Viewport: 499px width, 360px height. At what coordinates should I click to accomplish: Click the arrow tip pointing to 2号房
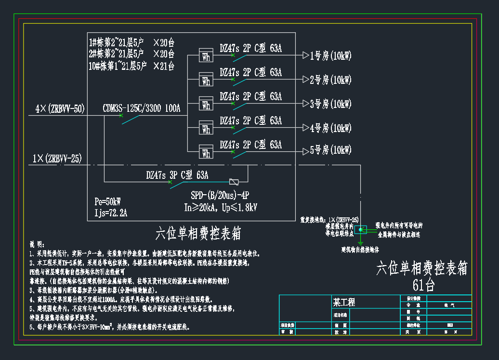coord(305,79)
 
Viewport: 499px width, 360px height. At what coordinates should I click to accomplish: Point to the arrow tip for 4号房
coord(305,127)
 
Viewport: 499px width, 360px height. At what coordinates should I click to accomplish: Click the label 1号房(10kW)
coord(330,56)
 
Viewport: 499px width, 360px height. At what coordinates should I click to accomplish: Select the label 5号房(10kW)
coord(330,151)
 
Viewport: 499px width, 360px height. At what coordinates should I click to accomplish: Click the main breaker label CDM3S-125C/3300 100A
coord(141,108)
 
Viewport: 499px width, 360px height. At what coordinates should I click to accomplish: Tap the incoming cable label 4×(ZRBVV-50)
coord(60,109)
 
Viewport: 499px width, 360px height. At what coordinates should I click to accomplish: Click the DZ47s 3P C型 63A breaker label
coord(177,175)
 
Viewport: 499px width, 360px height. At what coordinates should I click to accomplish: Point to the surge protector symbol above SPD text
coord(234,182)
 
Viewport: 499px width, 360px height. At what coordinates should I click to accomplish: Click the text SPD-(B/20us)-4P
coord(220,195)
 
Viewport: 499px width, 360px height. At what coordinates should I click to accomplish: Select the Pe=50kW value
coord(108,201)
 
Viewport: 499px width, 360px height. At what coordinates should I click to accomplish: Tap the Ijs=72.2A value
coord(111,212)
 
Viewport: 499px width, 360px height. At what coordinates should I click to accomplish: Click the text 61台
coord(423,285)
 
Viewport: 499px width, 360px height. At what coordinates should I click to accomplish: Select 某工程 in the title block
coord(344,302)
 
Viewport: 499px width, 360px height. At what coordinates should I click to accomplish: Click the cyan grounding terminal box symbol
coord(360,229)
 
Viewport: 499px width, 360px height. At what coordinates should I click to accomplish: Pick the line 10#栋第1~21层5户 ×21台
coord(131,66)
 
